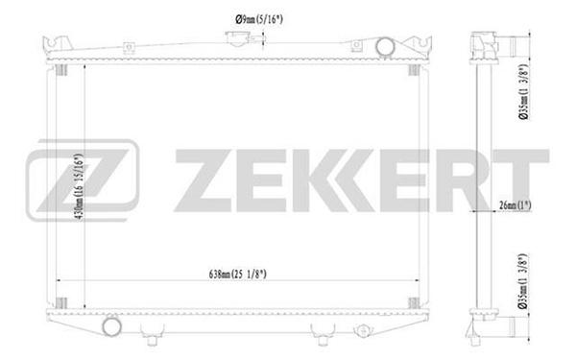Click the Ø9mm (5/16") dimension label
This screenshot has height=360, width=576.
pos(259,19)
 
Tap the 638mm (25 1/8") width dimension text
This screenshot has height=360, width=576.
pos(238,274)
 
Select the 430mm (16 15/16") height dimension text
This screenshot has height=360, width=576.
pos(80,186)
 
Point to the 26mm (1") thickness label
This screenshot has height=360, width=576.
pos(516,205)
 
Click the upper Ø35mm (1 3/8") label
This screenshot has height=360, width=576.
pos(523,92)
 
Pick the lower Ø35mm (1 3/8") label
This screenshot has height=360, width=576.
pos(523,281)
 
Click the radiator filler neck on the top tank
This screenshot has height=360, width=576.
pos(237,38)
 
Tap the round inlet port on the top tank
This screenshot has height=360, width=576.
pos(385,47)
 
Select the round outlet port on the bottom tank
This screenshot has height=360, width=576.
pos(111,326)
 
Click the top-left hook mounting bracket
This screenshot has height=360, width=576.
pos(57,43)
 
